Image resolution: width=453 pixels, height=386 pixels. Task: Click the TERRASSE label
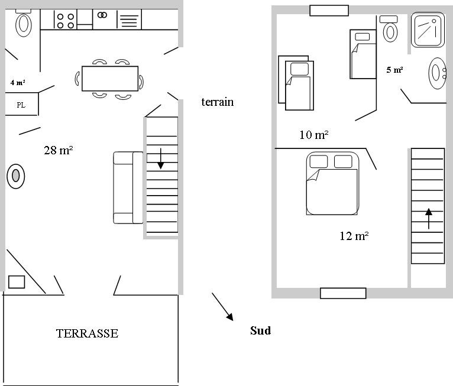point(87,333)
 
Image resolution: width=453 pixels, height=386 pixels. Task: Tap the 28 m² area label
point(59,150)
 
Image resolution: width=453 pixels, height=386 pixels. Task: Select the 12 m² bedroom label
point(354,236)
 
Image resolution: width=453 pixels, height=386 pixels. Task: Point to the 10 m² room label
point(314,135)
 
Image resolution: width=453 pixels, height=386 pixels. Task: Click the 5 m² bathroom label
point(394,70)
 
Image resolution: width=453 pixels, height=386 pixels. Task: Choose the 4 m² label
point(18,83)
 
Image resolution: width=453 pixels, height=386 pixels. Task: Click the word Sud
point(261,330)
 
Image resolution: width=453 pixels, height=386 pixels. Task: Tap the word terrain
point(218,102)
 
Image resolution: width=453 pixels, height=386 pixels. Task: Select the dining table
point(110,79)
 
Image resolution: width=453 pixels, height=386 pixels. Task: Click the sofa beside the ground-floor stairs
point(128,187)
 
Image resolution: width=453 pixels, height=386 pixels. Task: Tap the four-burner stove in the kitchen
point(65,20)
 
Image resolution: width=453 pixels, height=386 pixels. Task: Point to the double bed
point(332,183)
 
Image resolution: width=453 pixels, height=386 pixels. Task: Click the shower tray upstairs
point(428,30)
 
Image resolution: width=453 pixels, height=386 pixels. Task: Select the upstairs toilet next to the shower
point(390,29)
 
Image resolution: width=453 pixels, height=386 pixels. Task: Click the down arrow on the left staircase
point(161,158)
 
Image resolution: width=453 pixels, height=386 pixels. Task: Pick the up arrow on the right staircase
point(429,219)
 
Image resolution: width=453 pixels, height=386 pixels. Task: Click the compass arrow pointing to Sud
point(222,307)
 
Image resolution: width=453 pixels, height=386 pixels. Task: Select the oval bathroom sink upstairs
point(438,73)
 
